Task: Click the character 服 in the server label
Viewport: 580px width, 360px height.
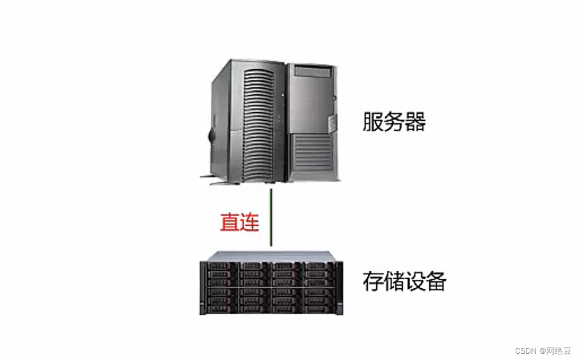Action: point(373,121)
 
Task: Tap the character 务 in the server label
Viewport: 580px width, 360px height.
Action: point(394,121)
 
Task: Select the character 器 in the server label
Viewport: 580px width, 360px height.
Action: point(415,121)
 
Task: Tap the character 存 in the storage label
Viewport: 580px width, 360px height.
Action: point(373,281)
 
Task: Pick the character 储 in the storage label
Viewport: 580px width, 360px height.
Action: point(394,281)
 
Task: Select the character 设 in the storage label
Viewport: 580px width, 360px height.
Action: point(415,281)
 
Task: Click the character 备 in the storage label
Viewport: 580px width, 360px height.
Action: point(436,281)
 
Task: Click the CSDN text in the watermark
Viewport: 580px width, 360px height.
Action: point(526,350)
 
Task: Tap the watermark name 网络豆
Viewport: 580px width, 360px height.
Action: point(560,350)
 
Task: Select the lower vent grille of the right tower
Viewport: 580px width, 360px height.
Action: point(312,151)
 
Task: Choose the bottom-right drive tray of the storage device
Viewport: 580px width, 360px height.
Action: point(319,308)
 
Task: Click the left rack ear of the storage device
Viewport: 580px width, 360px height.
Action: point(203,288)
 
